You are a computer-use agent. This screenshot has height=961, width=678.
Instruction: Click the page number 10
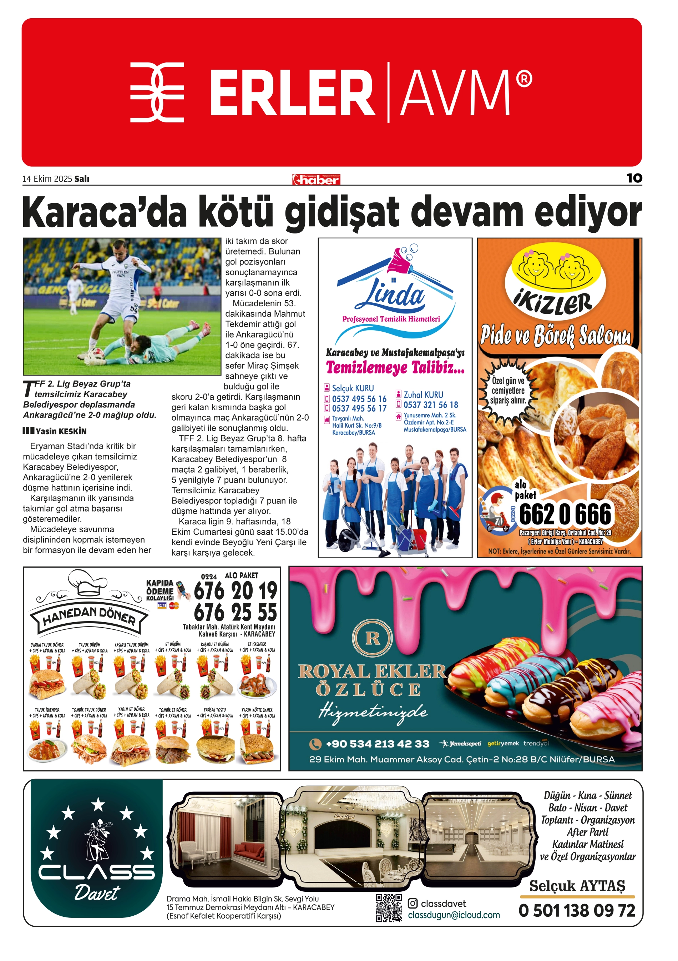point(634,178)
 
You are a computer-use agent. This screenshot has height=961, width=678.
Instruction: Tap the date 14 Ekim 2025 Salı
point(56,179)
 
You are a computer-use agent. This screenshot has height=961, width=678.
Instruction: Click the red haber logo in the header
point(316,180)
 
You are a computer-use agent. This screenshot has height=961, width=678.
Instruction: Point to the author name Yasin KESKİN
point(61,431)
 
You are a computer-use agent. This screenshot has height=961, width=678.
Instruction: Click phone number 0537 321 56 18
point(430,405)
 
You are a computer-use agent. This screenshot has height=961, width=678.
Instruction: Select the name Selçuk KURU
point(353,388)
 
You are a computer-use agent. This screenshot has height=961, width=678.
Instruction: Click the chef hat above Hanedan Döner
point(87,582)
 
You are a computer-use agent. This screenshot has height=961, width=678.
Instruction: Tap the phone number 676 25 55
point(235,612)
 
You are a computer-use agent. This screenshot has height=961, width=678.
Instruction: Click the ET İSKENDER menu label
point(257,644)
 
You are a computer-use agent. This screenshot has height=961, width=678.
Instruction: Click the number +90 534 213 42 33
point(377,743)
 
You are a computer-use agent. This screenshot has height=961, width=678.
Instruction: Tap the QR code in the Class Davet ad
point(388,908)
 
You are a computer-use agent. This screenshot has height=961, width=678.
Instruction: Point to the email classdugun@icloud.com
point(454,915)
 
